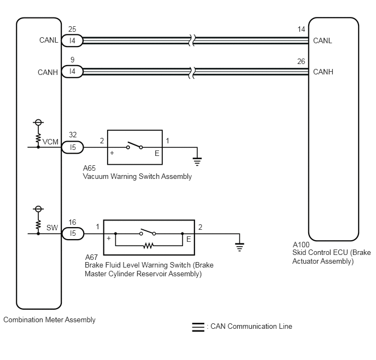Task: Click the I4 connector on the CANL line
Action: click(72, 40)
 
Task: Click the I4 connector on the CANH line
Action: click(72, 71)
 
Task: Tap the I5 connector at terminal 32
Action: click(73, 147)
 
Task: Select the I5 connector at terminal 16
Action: click(73, 233)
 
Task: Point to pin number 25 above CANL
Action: click(72, 29)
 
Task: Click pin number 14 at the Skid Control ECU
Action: click(301, 30)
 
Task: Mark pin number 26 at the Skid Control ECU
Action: click(301, 61)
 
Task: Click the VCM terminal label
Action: click(50, 142)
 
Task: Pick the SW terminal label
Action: click(52, 228)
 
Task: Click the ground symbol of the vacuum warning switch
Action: click(197, 161)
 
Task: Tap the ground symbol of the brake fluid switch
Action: click(239, 247)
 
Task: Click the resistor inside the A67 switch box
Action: click(148, 246)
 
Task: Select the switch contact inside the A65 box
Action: click(134, 145)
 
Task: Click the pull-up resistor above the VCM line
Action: click(38, 138)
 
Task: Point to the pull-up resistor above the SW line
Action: click(38, 224)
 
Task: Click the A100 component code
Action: click(301, 245)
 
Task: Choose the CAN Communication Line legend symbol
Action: click(198, 327)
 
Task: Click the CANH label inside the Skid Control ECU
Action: click(323, 72)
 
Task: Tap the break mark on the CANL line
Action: click(192, 40)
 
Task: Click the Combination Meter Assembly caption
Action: click(49, 320)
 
